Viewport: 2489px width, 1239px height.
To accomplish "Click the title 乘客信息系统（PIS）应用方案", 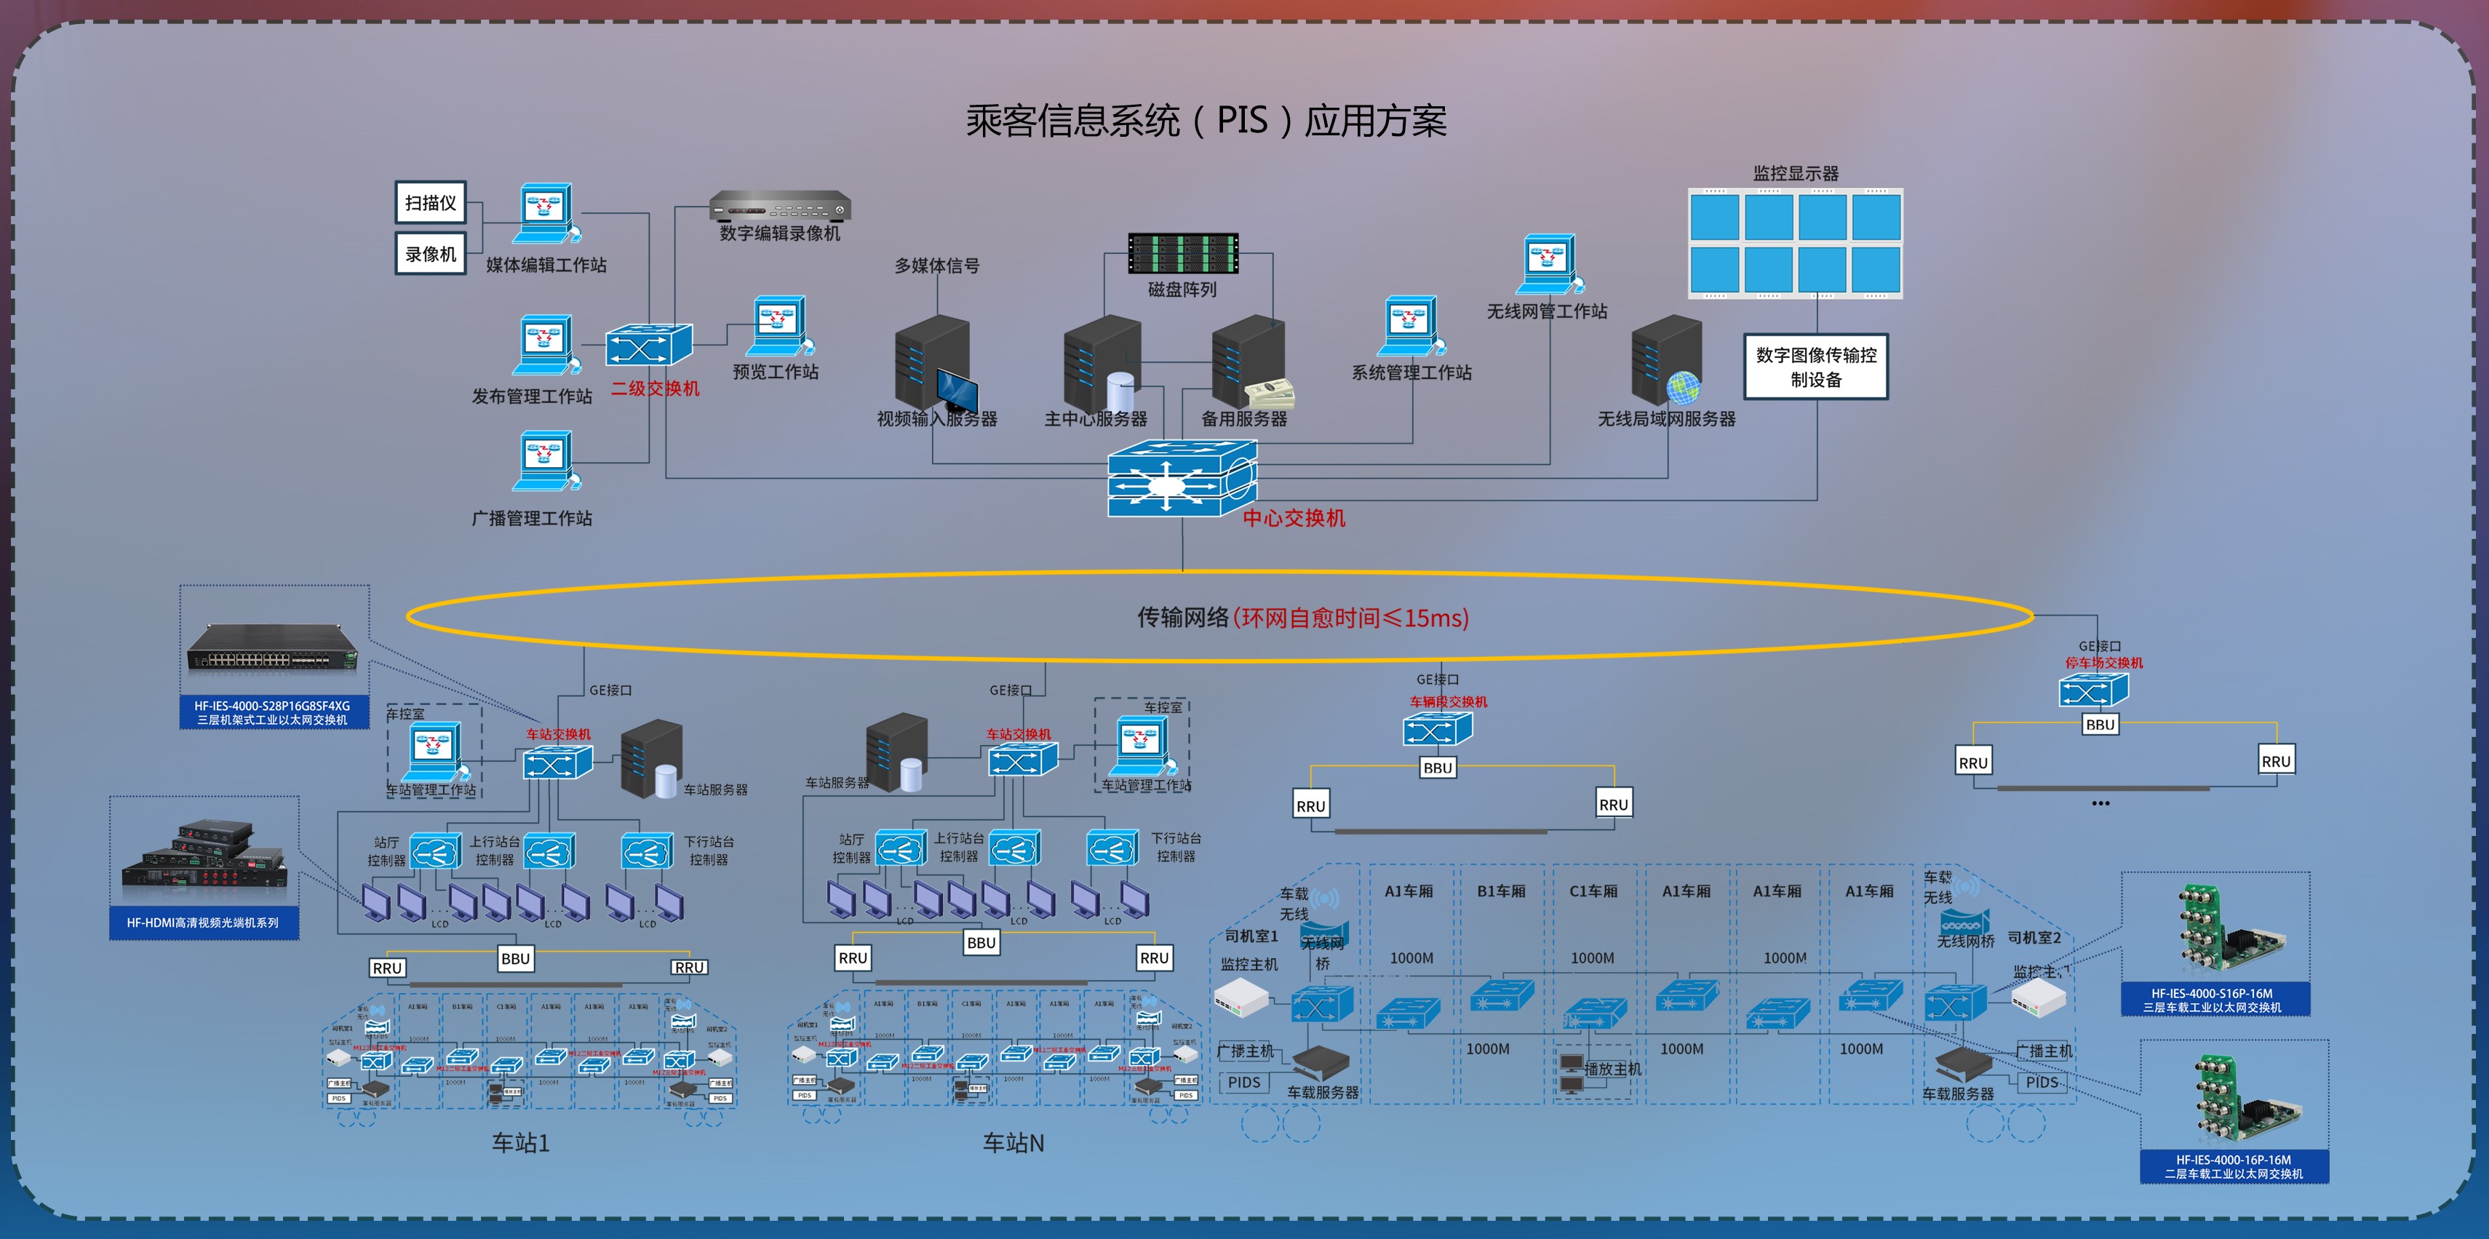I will coord(1206,121).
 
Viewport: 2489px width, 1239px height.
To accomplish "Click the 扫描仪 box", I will coord(431,203).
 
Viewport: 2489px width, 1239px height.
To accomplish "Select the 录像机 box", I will coord(431,254).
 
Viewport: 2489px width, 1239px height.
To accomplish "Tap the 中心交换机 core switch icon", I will coord(1181,479).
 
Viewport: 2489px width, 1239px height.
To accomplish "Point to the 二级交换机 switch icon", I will coord(648,345).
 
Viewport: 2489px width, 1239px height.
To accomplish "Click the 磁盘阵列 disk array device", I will coord(1183,253).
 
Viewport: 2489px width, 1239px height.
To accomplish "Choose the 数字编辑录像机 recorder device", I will coord(780,206).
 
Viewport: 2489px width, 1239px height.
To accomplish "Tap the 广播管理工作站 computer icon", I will coord(546,461).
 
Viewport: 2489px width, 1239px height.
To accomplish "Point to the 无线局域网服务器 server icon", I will coord(1666,362).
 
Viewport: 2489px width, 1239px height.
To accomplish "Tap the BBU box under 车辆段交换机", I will coord(1437,768).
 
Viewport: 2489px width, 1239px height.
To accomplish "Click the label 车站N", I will coord(1013,1143).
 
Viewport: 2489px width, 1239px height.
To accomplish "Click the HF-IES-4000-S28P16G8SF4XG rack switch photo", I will coord(273,647).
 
